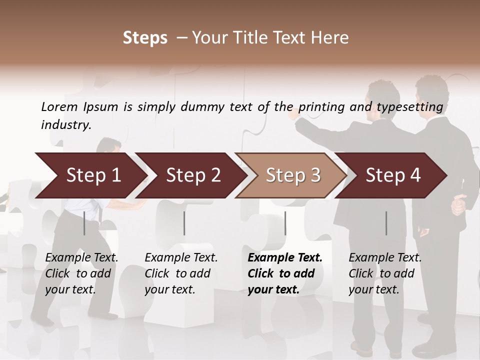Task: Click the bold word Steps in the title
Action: tap(145, 38)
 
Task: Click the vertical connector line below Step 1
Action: tap(84, 223)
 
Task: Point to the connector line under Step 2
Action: tap(184, 223)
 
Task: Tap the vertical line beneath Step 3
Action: tap(285, 223)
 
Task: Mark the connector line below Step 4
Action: tap(386, 223)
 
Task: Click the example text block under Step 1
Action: tap(81, 273)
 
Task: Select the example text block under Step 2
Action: tap(181, 273)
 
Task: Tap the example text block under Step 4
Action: tap(385, 273)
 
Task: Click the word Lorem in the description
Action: tap(59, 107)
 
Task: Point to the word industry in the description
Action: tap(66, 125)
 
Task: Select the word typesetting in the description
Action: tap(409, 107)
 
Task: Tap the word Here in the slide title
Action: tap(330, 38)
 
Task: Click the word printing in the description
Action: tap(319, 107)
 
